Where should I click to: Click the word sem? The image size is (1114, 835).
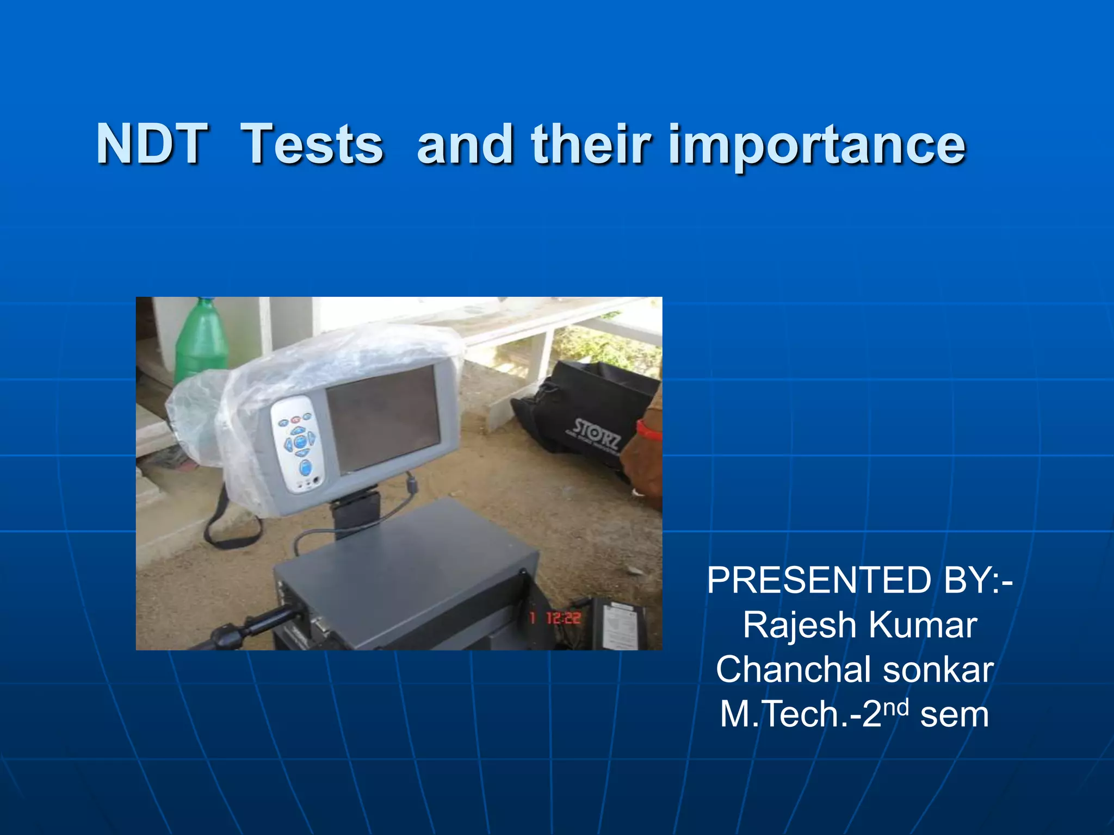coord(955,715)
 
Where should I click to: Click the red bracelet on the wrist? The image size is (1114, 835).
coord(646,430)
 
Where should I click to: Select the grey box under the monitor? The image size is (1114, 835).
coord(403,576)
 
